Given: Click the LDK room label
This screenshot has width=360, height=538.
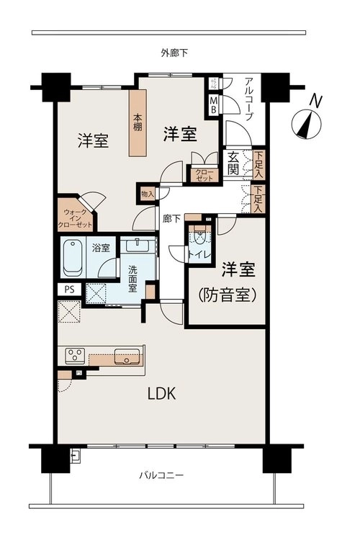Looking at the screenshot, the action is pos(161,393).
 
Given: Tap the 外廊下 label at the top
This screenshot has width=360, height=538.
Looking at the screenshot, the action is pos(174,53).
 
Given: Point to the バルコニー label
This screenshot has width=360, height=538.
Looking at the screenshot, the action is pos(161,475).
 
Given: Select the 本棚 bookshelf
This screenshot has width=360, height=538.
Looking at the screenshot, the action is pos(138,122).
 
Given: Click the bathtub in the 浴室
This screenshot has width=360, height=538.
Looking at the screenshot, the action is pos(73,257).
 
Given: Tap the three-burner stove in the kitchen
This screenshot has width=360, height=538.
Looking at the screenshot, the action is pos(76,357).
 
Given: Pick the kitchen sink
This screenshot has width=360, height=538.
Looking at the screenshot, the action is pos(127,357).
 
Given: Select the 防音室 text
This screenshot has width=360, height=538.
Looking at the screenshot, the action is pos(228,295).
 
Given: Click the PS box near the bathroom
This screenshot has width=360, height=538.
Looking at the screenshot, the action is pos(70,290).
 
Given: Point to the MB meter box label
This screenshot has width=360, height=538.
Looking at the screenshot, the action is pos(214,105).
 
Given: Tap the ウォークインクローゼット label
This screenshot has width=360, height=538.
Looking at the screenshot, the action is pos(75,218).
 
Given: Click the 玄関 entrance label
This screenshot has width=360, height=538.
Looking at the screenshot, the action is pos(233,163).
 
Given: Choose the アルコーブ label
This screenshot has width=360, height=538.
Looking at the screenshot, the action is pos(249,99).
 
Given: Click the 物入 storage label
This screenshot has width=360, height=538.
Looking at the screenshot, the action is pos(148,194).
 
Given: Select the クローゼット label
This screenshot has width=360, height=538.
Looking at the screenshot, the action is pos(204,175).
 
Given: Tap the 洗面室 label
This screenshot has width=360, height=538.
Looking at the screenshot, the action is pos(132,279).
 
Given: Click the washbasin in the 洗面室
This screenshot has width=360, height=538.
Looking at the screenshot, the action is pos(137,246).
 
